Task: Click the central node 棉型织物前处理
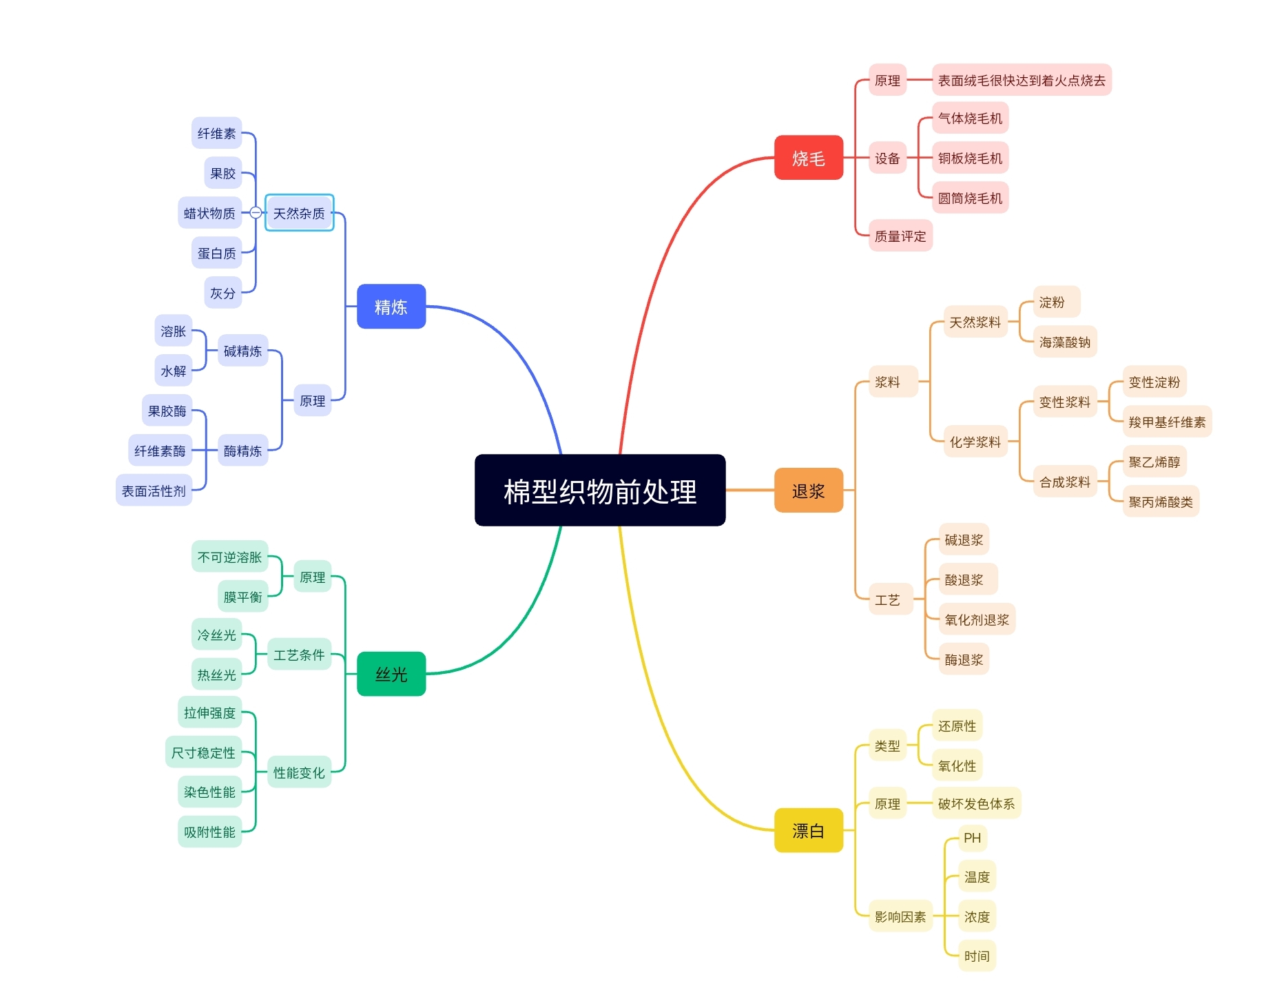pyautogui.click(x=599, y=491)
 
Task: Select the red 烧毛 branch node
pyautogui.click(x=808, y=158)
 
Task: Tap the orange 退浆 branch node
pyautogui.click(x=808, y=491)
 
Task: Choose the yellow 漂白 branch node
pyautogui.click(x=808, y=830)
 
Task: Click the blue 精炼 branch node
pyautogui.click(x=391, y=307)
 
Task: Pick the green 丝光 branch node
pyautogui.click(x=391, y=674)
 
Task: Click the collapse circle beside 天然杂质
pyautogui.click(x=256, y=213)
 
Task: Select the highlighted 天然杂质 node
pyautogui.click(x=299, y=213)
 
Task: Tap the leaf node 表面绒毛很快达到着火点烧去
pyautogui.click(x=1021, y=80)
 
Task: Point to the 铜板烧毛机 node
pyautogui.click(x=969, y=158)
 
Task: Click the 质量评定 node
pyautogui.click(x=900, y=236)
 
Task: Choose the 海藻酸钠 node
pyautogui.click(x=1064, y=342)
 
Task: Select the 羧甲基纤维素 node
pyautogui.click(x=1166, y=422)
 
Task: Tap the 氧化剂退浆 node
pyautogui.click(x=976, y=619)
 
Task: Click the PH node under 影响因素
pyautogui.click(x=972, y=838)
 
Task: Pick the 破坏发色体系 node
pyautogui.click(x=975, y=803)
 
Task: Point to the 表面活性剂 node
pyautogui.click(x=154, y=491)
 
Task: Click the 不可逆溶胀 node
pyautogui.click(x=229, y=557)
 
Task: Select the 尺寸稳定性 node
pyautogui.click(x=203, y=752)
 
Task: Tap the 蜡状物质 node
pyautogui.click(x=209, y=213)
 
